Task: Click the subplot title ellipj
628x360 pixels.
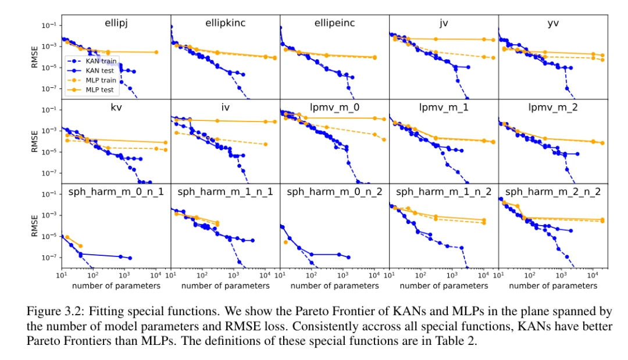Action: pos(115,23)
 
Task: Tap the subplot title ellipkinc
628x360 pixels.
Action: pos(225,23)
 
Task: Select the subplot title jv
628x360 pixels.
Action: pos(444,23)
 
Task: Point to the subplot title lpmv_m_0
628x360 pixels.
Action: pos(334,108)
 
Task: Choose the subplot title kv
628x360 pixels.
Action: pos(115,108)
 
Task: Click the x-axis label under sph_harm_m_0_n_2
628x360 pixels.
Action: pos(334,286)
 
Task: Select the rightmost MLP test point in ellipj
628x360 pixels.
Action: pos(156,52)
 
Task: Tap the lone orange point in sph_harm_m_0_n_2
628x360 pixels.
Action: pos(286,242)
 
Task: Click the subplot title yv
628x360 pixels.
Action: pos(553,23)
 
